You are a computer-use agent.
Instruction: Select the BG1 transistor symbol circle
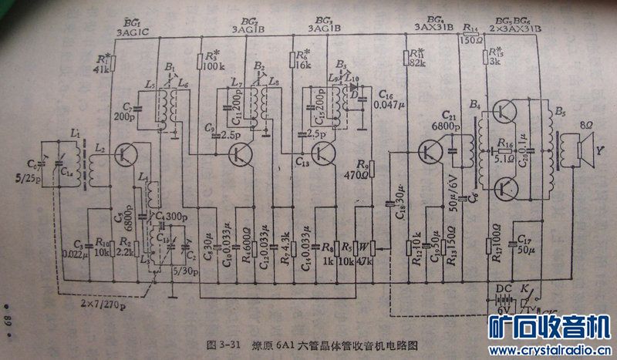click(x=125, y=153)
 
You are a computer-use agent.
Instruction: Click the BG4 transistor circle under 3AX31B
click(x=429, y=152)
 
